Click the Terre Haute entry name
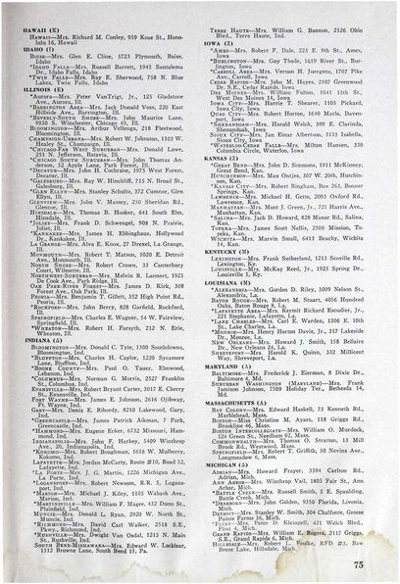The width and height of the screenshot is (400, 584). [228, 25]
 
